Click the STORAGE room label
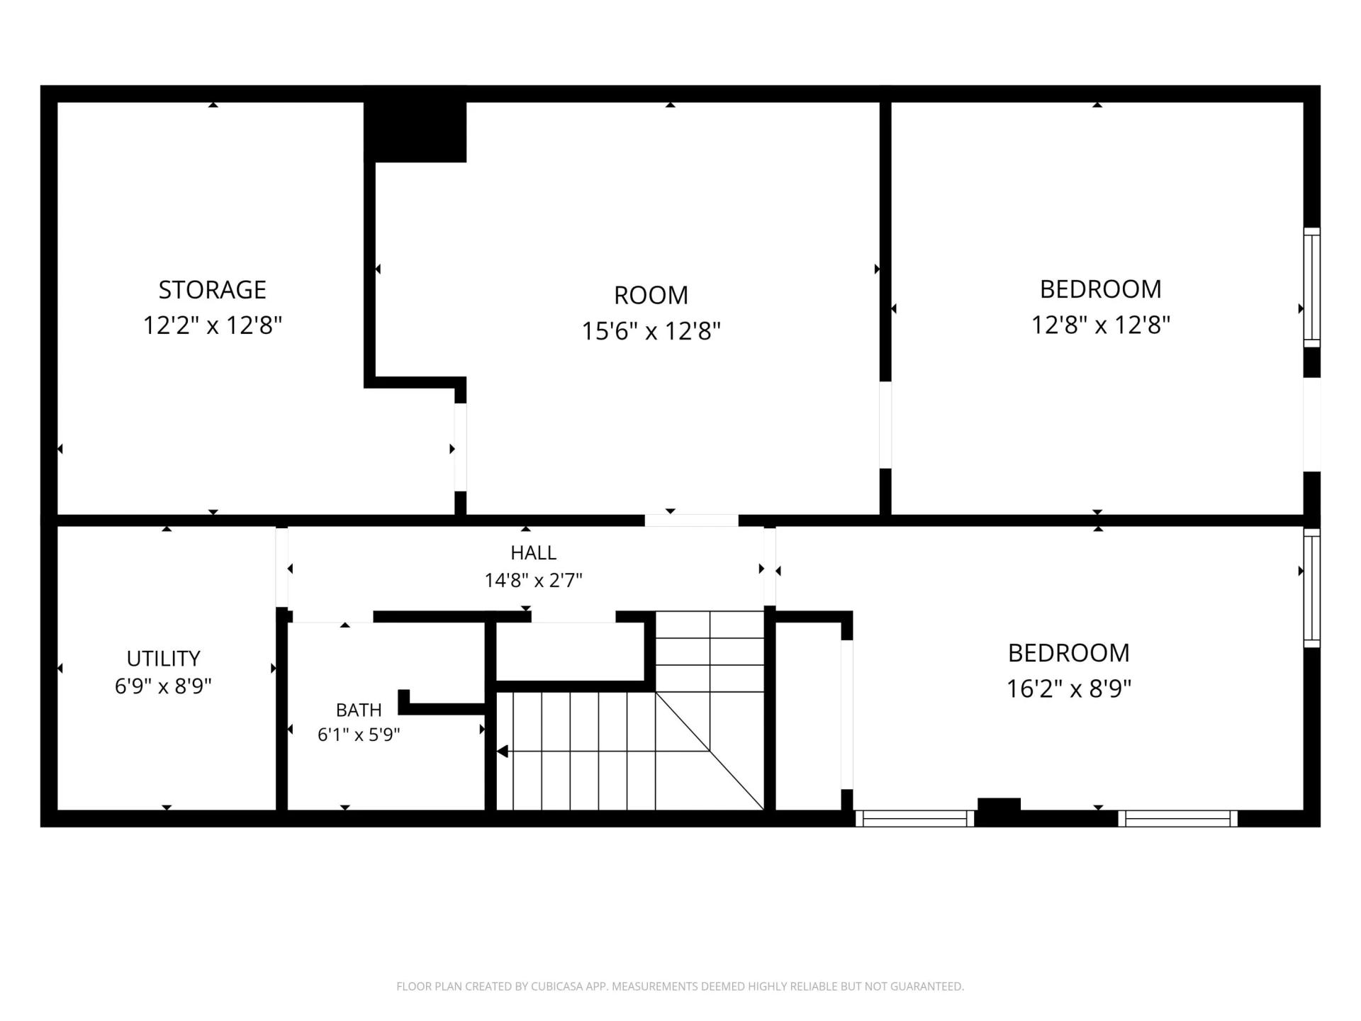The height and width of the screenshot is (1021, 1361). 212,289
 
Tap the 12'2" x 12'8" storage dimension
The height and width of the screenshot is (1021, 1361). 213,325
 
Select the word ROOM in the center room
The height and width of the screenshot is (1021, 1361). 651,295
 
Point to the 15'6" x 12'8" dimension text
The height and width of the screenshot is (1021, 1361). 651,331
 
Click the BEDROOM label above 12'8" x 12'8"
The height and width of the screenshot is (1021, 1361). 1100,289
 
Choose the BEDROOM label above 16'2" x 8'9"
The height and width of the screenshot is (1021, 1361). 1068,653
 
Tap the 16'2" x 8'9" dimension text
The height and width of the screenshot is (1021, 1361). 1068,688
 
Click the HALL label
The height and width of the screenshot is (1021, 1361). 533,552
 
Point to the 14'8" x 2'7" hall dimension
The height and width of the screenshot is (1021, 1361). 533,581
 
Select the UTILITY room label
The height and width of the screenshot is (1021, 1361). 163,659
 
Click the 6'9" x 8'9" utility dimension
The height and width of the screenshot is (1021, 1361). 163,686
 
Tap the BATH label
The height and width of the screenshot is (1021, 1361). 359,710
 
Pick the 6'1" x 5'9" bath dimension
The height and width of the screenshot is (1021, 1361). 359,735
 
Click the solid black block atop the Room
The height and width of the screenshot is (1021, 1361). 415,125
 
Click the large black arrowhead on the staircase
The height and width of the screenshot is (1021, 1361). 503,751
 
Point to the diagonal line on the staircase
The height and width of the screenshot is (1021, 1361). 710,751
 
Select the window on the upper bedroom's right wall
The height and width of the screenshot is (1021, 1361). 1312,288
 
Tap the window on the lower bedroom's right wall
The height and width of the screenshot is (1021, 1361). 1312,588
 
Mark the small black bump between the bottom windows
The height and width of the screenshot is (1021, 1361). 999,804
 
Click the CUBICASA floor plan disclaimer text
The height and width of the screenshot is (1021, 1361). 680,986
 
